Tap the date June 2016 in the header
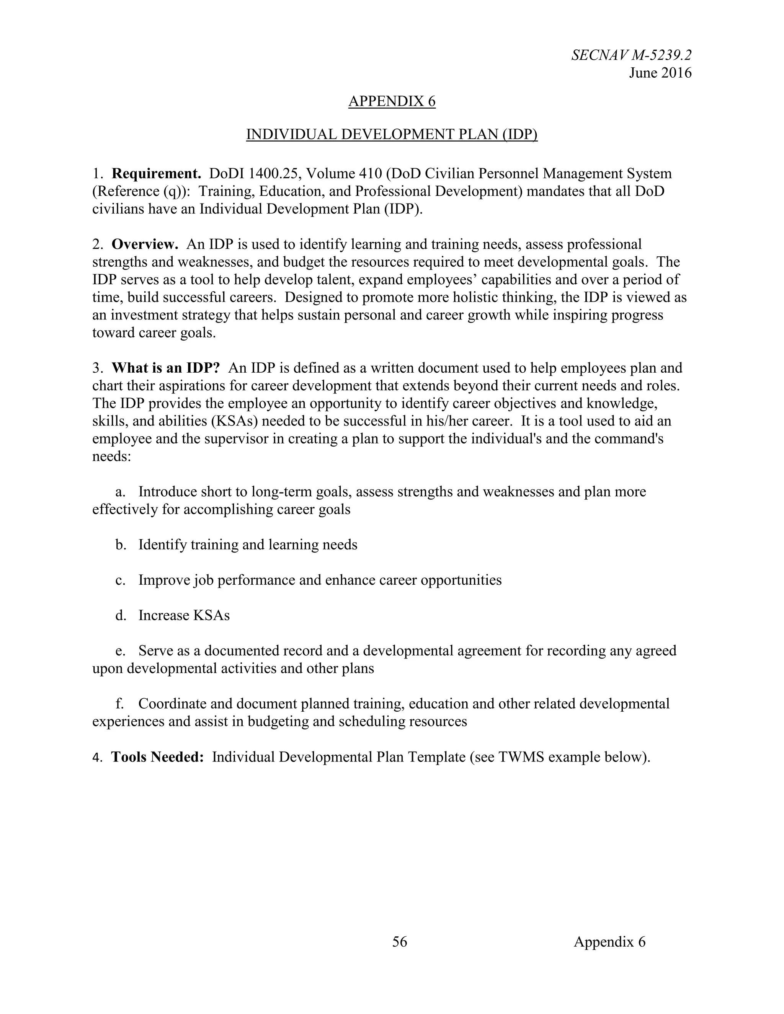pos(660,73)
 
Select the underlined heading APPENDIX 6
pos(392,101)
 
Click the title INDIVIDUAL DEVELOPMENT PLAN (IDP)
pos(392,134)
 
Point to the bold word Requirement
pos(156,174)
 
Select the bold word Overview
pos(145,244)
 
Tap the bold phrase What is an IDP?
pos(165,368)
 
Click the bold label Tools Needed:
pos(157,757)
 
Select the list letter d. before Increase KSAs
pos(121,616)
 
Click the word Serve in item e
pos(155,651)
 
